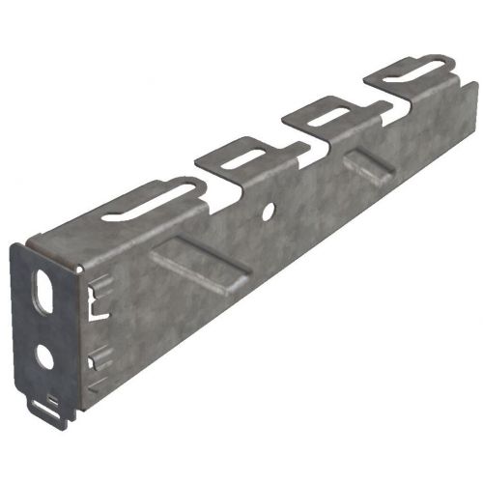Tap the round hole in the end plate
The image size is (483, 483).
44,356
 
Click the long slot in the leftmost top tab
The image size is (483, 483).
146,201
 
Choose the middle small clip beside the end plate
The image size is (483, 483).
95,361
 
